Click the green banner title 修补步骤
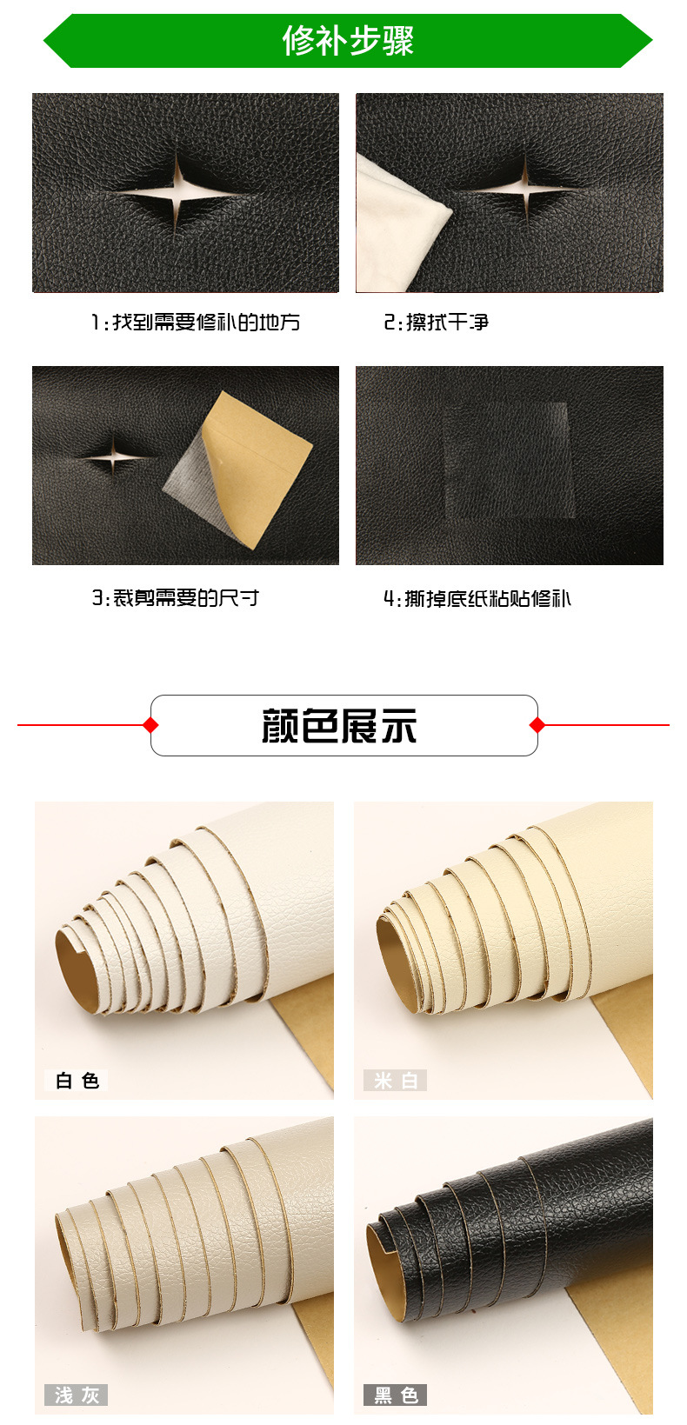[x=348, y=41]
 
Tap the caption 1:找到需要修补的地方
[x=196, y=322]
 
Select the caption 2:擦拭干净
[x=436, y=322]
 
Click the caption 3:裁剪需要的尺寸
[x=175, y=598]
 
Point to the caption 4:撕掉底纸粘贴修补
[x=477, y=598]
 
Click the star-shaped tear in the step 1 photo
[x=177, y=191]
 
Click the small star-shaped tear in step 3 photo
[x=114, y=456]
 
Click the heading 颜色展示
[x=339, y=726]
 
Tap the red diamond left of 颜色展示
[x=150, y=724]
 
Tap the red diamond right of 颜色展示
[x=537, y=724]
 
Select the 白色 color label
[x=77, y=1080]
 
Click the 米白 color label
[x=395, y=1080]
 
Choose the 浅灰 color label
[x=77, y=1395]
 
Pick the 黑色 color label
[x=395, y=1395]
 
